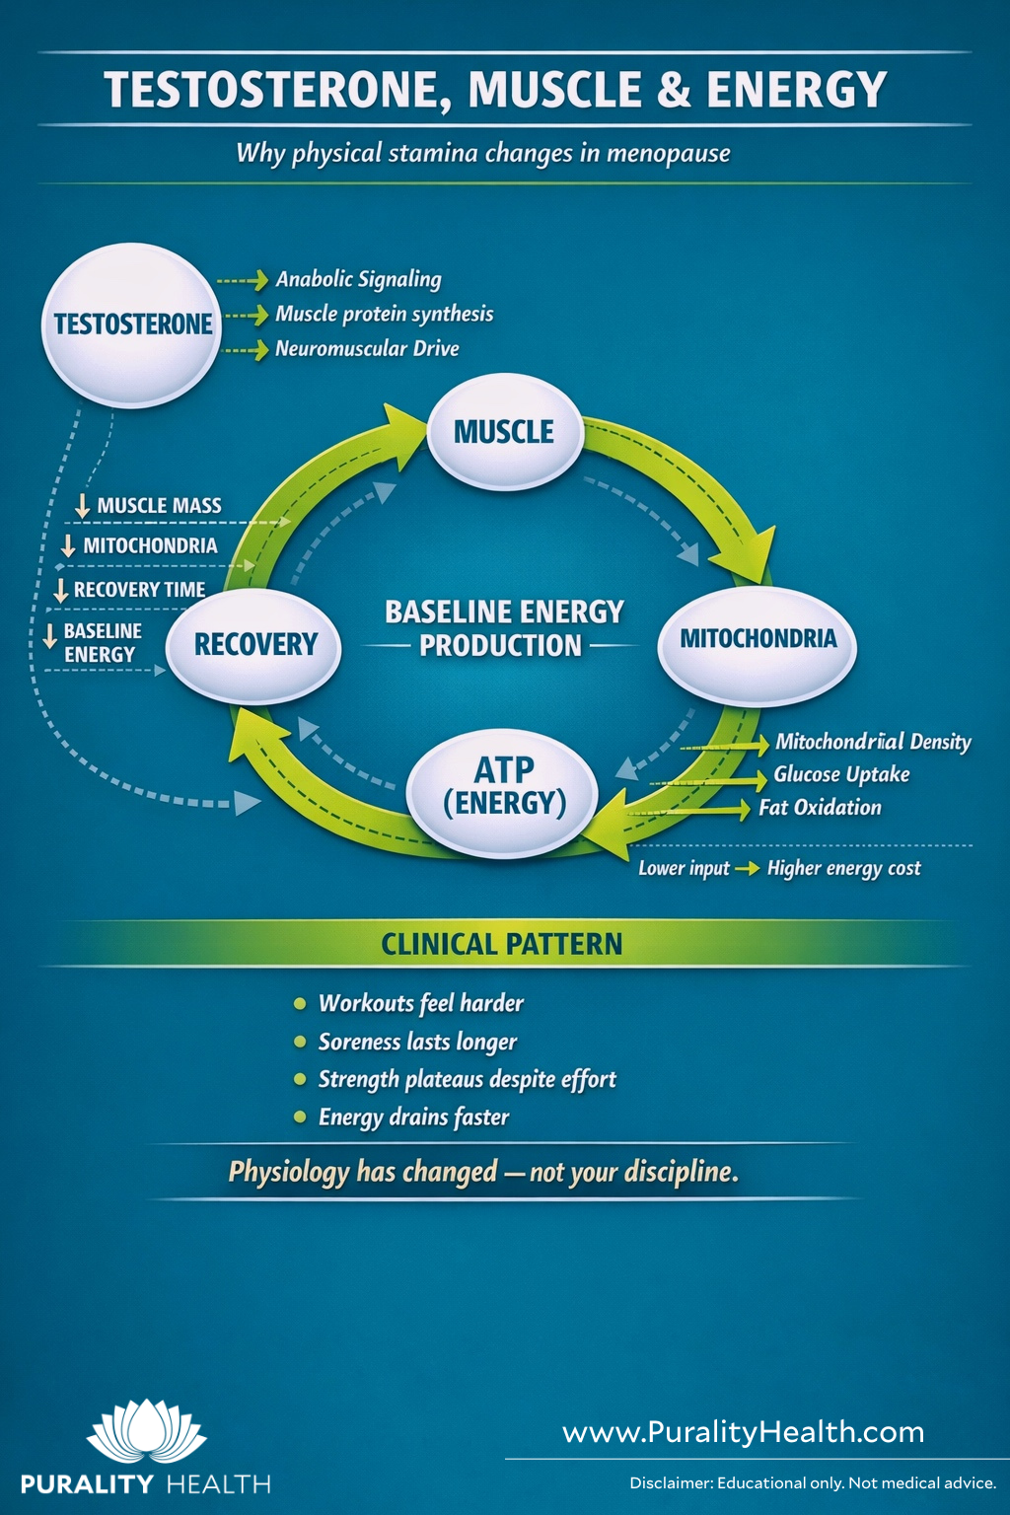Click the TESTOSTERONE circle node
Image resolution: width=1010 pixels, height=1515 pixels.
click(x=132, y=325)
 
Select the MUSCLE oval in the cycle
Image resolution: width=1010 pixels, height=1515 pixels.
click(x=504, y=432)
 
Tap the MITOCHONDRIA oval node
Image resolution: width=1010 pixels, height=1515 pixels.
click(x=757, y=639)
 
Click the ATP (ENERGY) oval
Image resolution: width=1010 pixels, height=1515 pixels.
click(x=504, y=787)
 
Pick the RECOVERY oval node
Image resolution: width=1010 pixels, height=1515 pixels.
click(x=255, y=645)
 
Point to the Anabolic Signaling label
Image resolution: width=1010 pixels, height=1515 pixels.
click(x=358, y=280)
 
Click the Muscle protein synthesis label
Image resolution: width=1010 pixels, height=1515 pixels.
click(x=384, y=315)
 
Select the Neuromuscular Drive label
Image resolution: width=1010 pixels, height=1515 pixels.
click(x=367, y=349)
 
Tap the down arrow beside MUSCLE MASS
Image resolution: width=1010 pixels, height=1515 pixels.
click(x=83, y=506)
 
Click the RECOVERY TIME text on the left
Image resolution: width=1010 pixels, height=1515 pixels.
click(x=139, y=590)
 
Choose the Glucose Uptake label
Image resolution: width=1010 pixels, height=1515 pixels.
click(x=841, y=775)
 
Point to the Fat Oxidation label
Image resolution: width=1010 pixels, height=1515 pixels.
click(x=820, y=808)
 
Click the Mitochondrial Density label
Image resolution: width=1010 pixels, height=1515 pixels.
click(x=873, y=742)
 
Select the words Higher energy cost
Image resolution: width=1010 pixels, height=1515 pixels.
click(x=843, y=869)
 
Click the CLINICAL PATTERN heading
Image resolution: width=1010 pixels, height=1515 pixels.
click(x=502, y=945)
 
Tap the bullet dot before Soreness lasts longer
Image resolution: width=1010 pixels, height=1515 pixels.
click(x=300, y=1042)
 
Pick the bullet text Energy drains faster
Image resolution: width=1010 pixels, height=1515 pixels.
click(x=413, y=1118)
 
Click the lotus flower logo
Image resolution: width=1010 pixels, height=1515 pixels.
click(x=146, y=1431)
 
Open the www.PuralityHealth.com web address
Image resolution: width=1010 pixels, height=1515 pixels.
click(x=743, y=1432)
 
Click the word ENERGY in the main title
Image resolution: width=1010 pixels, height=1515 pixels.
click(x=796, y=90)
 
